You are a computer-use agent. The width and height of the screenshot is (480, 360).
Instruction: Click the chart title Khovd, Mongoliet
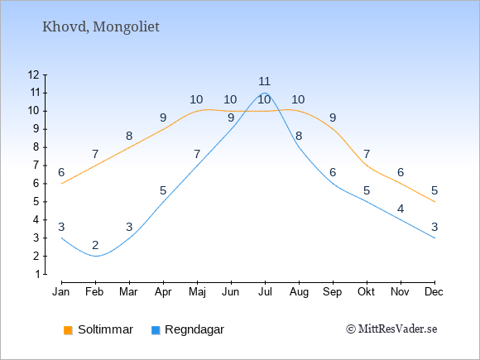[101, 27]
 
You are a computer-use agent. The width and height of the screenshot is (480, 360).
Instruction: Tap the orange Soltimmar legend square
[68, 330]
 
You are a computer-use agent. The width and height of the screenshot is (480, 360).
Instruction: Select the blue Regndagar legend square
[156, 330]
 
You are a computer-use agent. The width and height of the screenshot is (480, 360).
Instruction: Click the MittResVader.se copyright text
[391, 329]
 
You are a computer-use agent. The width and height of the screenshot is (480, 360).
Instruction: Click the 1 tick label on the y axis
[37, 274]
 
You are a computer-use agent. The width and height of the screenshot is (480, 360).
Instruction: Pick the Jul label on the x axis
[265, 292]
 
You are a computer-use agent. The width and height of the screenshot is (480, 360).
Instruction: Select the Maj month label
[197, 292]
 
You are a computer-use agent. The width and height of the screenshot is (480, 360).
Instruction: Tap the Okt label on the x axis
[366, 292]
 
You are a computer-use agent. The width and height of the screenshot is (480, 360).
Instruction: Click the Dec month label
[434, 292]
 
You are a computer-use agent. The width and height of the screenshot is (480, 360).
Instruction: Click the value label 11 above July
[264, 81]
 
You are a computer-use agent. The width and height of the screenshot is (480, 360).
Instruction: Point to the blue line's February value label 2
[95, 245]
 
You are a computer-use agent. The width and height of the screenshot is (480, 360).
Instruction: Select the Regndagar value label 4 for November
[401, 209]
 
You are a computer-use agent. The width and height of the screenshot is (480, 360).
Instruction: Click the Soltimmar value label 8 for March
[129, 136]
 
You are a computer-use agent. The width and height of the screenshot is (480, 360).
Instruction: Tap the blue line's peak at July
[265, 93]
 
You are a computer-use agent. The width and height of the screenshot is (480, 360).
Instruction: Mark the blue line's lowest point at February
[96, 256]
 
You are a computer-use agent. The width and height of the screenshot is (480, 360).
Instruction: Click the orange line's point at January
[62, 184]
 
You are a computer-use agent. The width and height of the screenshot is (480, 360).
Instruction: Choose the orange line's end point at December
[434, 202]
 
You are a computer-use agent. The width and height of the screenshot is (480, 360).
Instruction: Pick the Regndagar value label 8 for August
[299, 136]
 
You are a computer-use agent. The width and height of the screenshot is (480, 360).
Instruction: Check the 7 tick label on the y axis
[37, 166]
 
